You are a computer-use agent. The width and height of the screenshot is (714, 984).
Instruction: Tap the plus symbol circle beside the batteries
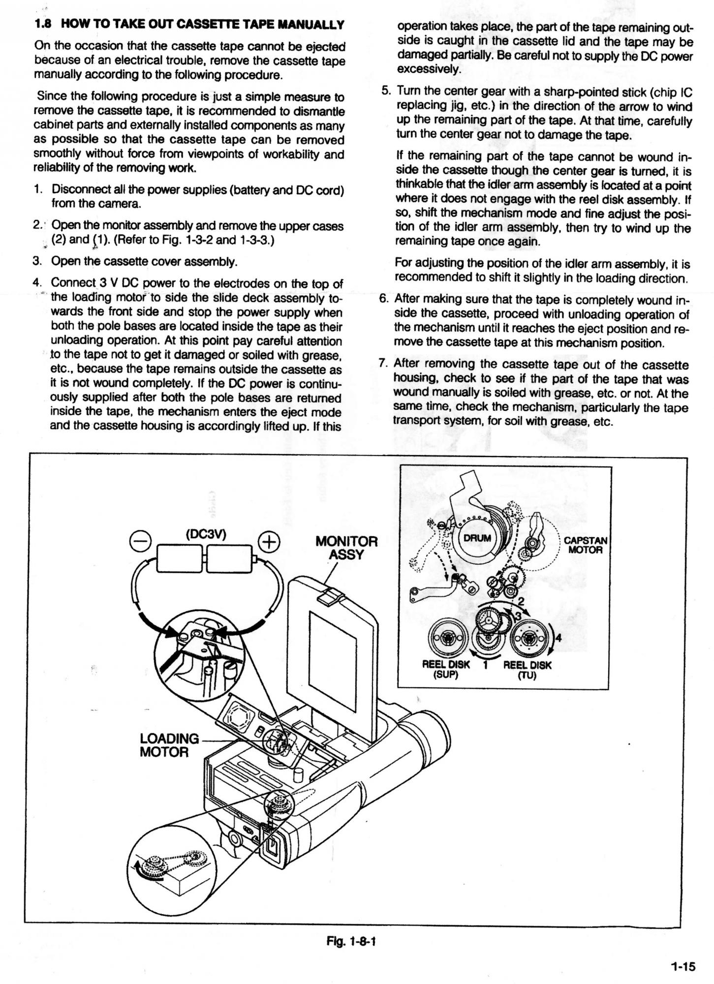(x=268, y=542)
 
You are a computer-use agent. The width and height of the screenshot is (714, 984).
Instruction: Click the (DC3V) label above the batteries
(x=206, y=535)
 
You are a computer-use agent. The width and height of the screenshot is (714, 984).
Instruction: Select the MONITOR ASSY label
(x=346, y=548)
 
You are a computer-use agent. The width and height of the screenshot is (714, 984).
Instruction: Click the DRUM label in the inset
(x=477, y=538)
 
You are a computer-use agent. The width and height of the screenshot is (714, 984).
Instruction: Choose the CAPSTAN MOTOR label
(x=586, y=545)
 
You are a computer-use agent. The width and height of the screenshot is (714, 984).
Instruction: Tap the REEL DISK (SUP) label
(x=446, y=669)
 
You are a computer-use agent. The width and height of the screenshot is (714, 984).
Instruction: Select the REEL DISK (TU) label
(x=527, y=669)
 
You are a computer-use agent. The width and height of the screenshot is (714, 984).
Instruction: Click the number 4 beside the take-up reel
(x=558, y=639)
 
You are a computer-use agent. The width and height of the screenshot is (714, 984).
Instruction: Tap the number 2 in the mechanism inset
(x=521, y=601)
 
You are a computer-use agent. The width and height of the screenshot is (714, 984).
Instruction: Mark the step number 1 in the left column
(x=38, y=189)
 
